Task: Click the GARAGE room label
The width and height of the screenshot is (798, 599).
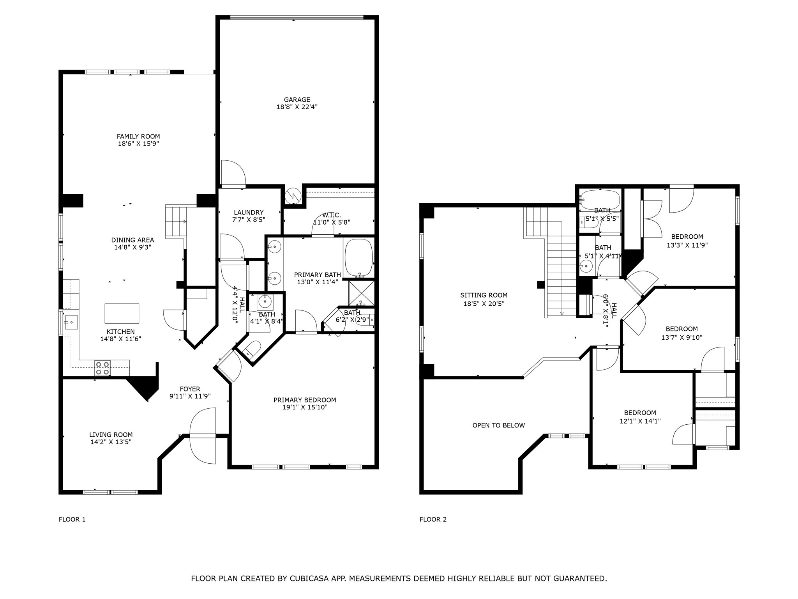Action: coord(297,100)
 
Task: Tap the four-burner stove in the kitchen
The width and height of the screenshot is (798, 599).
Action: coord(102,368)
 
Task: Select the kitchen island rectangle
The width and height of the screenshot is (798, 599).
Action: coord(122,314)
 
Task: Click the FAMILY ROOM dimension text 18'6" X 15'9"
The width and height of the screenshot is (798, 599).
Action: coord(138,144)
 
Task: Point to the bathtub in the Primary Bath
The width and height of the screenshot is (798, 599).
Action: coord(358,258)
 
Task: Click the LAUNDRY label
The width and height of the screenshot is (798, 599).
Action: coord(249,213)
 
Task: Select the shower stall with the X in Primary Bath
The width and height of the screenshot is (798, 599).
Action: coord(361,293)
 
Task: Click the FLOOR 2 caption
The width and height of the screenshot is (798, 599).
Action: coord(433,519)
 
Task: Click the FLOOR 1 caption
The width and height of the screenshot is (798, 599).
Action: coord(72,519)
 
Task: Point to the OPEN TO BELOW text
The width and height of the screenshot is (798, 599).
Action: coord(498,425)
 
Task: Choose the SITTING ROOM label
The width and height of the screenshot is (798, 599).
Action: coord(484,296)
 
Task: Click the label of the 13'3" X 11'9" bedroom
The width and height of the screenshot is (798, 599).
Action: coord(687,237)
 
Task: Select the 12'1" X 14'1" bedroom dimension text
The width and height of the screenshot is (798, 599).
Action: coord(640,421)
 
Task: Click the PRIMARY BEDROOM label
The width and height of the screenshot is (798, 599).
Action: coord(305,400)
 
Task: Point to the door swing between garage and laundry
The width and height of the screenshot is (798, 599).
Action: coord(233,173)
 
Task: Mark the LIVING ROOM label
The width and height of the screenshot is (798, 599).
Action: coord(111,435)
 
